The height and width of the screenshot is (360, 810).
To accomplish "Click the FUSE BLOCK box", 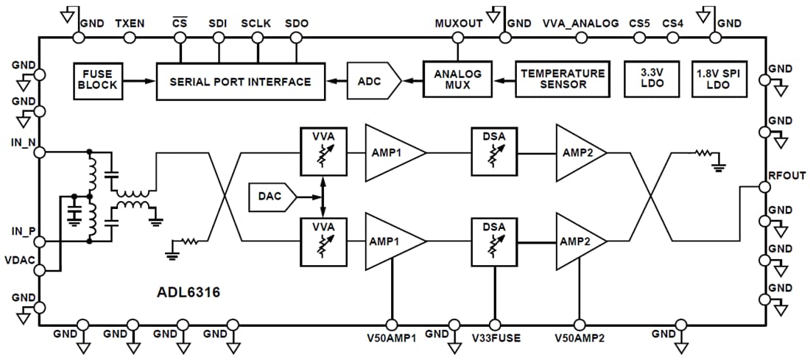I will [x=98, y=80].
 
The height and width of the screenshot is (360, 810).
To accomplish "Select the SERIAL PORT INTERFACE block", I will [x=240, y=81].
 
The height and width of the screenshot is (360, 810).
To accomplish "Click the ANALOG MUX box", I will [x=457, y=80].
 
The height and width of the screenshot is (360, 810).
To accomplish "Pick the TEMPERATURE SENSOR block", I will [x=563, y=80].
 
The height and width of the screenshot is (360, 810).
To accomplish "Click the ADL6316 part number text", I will [x=188, y=292].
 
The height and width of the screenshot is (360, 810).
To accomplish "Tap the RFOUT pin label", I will [x=786, y=176].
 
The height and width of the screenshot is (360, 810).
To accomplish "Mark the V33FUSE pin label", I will [x=496, y=338].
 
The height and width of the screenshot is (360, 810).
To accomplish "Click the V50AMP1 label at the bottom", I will [x=391, y=338].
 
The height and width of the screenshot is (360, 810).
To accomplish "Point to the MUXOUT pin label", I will [x=459, y=24].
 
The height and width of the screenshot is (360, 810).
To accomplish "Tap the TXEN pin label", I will [x=130, y=24].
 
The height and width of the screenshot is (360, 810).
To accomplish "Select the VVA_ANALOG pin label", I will [x=580, y=24].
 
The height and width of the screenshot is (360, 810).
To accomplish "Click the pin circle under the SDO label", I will [x=296, y=37].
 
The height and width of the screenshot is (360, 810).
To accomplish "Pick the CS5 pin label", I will [x=639, y=24].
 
